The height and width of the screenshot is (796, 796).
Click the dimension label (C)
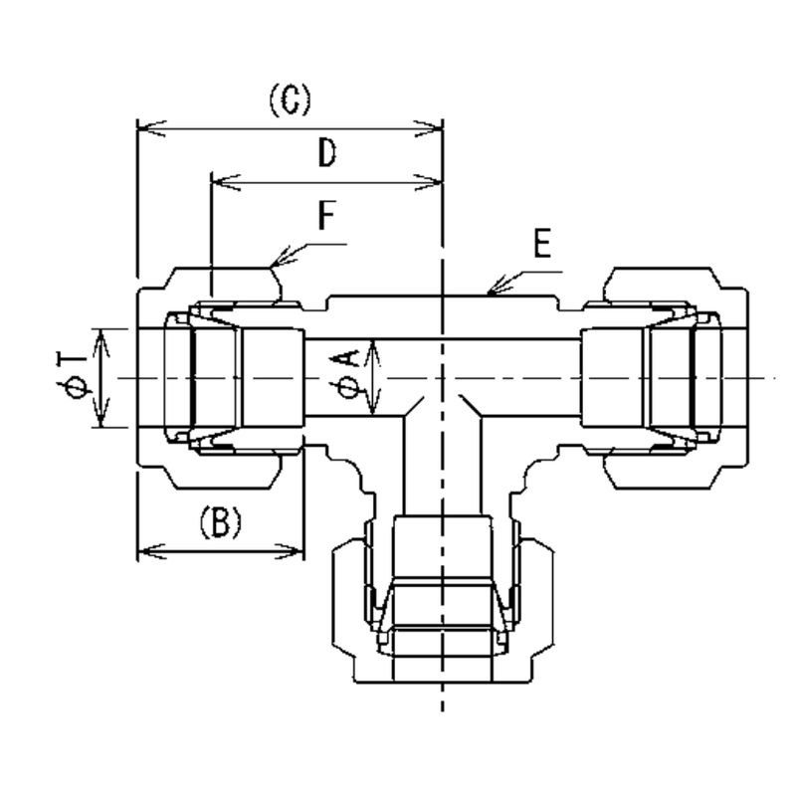[x=290, y=101]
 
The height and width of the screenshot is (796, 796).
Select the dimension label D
[x=327, y=153]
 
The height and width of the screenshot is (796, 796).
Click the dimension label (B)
[x=220, y=521]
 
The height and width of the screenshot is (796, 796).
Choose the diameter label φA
[x=349, y=377]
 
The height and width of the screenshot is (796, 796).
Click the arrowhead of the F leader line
[x=274, y=264]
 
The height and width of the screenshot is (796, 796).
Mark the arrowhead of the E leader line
[x=490, y=293]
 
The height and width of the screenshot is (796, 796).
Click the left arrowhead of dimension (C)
[x=142, y=128]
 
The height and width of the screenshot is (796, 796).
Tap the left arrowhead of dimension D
[x=218, y=181]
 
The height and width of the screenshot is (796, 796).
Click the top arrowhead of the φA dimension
[x=374, y=345]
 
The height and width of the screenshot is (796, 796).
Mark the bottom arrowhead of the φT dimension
[x=100, y=421]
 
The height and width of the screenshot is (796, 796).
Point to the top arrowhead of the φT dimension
[x=100, y=334]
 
